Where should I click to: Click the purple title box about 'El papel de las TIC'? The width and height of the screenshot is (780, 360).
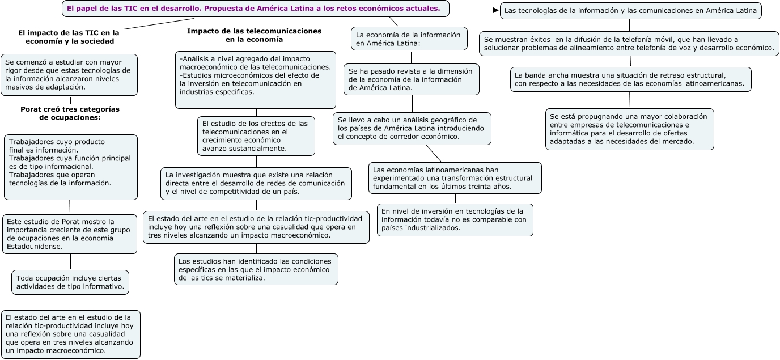pyautogui.click(x=255, y=9)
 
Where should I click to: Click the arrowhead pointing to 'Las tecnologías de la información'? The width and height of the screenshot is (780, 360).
pyautogui.click(x=494, y=10)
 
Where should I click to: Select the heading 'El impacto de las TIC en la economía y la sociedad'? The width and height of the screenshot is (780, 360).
pyautogui.click(x=69, y=37)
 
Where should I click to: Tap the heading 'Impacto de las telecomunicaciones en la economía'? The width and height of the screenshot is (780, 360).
pyautogui.click(x=254, y=35)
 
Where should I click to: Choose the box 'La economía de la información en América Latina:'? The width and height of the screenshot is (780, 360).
pyautogui.click(x=409, y=39)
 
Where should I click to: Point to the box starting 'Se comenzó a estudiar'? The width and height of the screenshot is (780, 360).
pyautogui.click(x=70, y=75)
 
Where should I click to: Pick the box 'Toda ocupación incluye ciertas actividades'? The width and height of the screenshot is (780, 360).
pyautogui.click(x=70, y=282)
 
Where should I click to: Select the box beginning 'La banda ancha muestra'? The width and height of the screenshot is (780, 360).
pyautogui.click(x=630, y=79)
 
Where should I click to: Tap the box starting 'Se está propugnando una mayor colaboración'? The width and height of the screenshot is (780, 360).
pyautogui.click(x=629, y=129)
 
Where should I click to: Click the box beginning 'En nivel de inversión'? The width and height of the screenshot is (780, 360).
pyautogui.click(x=455, y=219)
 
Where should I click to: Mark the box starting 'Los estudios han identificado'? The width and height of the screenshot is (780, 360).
pyautogui.click(x=256, y=269)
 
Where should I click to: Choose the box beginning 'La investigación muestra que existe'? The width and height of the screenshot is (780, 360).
pyautogui.click(x=256, y=183)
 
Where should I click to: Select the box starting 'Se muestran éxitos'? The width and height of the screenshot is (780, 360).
pyautogui.click(x=629, y=44)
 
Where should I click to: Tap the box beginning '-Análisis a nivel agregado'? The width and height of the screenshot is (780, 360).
pyautogui.click(x=256, y=79)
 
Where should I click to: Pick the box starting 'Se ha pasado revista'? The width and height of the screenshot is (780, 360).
pyautogui.click(x=412, y=79)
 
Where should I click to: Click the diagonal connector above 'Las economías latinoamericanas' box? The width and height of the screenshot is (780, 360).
pyautogui.click(x=433, y=153)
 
